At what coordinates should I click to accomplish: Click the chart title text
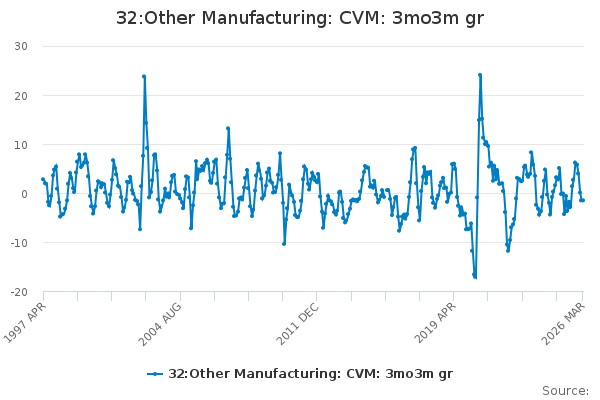[300, 18]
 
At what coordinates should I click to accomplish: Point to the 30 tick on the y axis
[21, 46]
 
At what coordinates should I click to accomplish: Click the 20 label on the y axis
[21, 96]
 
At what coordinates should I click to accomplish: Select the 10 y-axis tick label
[21, 145]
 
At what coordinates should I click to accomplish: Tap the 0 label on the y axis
[24, 194]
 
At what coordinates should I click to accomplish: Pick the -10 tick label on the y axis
[19, 243]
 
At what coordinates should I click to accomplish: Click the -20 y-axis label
[19, 292]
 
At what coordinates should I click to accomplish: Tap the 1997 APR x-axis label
[24, 322]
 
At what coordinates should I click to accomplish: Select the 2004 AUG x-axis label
[160, 324]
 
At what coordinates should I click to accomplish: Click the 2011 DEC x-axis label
[297, 324]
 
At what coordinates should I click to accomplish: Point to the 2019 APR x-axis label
[435, 323]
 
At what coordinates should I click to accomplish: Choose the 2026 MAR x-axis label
[563, 324]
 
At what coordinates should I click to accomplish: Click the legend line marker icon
[155, 374]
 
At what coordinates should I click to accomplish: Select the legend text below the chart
[310, 374]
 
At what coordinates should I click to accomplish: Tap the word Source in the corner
[565, 391]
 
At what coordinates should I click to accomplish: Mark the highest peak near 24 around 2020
[480, 75]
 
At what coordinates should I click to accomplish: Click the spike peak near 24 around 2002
[144, 76]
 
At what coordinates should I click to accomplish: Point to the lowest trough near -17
[475, 277]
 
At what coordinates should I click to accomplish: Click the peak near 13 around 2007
[228, 129]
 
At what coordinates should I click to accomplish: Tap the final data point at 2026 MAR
[583, 200]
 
